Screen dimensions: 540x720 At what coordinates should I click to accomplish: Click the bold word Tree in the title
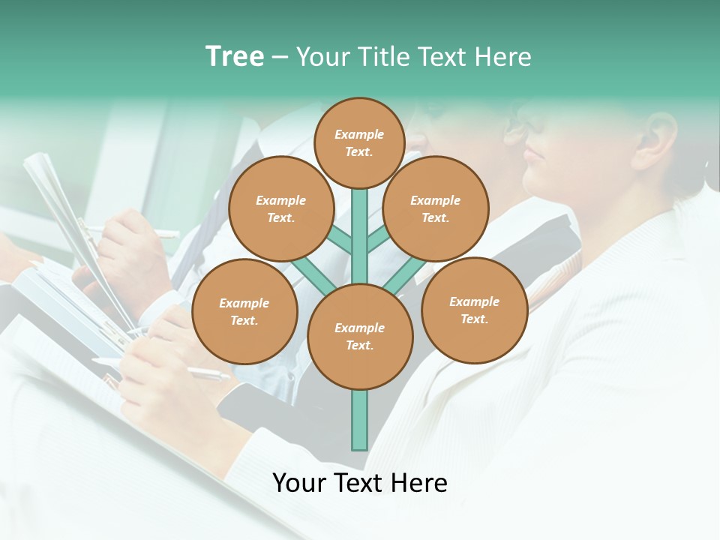click(235, 56)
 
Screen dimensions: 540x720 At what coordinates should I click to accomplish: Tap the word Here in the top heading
click(502, 57)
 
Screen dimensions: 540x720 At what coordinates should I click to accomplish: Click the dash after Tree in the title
click(280, 58)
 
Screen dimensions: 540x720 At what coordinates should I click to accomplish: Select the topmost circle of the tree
click(359, 142)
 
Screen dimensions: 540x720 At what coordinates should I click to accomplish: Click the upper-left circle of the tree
click(280, 208)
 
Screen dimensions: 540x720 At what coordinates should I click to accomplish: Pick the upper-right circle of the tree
click(436, 208)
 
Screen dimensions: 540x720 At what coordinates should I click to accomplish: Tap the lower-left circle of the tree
click(244, 311)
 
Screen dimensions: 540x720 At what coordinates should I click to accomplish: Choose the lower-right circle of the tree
click(474, 310)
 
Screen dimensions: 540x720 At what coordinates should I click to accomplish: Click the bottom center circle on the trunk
click(359, 336)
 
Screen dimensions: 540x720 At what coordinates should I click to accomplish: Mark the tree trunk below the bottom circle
click(359, 420)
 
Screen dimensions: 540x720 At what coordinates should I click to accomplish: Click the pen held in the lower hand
click(210, 373)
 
